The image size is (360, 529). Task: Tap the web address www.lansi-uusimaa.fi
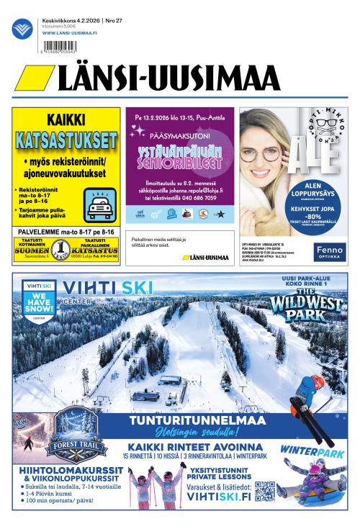pyautogui.click(x=71, y=32)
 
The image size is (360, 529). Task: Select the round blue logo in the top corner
pyautogui.click(x=22, y=28)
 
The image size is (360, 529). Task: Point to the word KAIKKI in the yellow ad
pyautogui.click(x=66, y=120)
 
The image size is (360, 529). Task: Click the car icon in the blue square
pyautogui.click(x=99, y=206)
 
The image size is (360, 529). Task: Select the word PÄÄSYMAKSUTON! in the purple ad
pyautogui.click(x=180, y=134)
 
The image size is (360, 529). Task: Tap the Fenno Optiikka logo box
pyautogui.click(x=329, y=253)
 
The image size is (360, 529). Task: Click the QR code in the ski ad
pyautogui.click(x=265, y=494)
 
